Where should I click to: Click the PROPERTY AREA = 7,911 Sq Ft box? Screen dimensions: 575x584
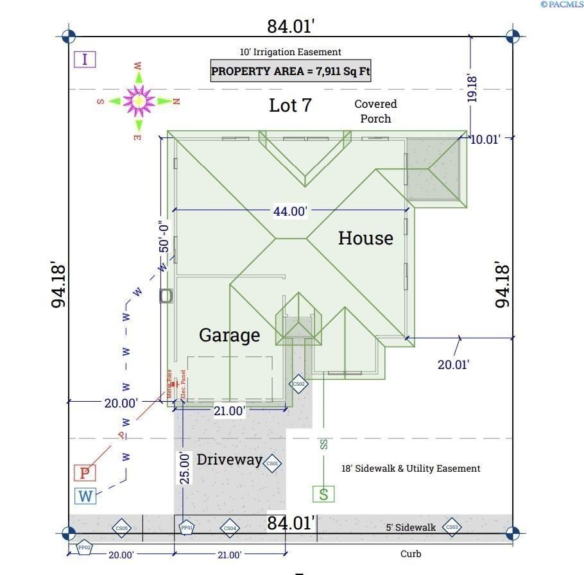coord(291,71)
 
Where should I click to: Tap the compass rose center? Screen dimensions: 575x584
coord(139,100)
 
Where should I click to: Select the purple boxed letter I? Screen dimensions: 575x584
coord(84,60)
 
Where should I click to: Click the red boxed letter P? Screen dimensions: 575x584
coord(84,474)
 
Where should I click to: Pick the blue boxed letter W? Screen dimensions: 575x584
coord(85,496)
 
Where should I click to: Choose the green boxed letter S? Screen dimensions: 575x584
coord(323,493)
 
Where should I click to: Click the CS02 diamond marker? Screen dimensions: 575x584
coord(298,384)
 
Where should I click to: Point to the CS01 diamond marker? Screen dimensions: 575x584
coord(271,463)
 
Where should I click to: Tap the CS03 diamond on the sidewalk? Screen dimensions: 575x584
coord(451,528)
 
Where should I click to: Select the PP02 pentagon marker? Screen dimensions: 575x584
coord(84,547)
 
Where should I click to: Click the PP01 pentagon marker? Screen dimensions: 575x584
coord(186,528)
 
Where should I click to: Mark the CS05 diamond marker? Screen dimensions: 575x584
coord(121,528)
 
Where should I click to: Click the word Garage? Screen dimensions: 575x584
coord(229,335)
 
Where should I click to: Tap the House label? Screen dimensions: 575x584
coord(365,238)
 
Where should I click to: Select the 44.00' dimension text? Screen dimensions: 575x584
coord(290,210)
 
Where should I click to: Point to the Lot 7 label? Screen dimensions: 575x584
coord(290,105)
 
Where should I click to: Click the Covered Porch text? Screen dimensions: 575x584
coord(375,111)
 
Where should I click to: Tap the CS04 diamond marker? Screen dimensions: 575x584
coord(229,528)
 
